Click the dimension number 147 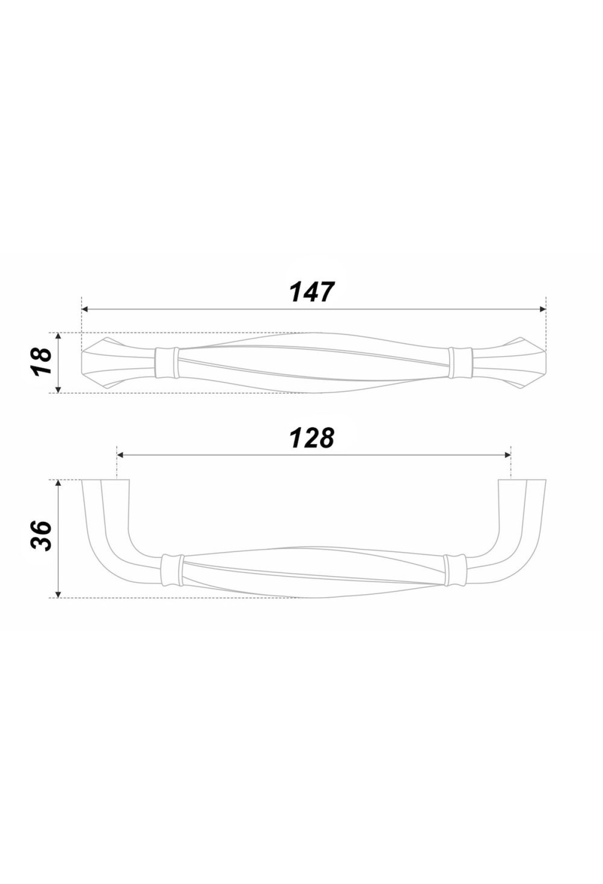[x=312, y=292]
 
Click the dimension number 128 [x=312, y=438]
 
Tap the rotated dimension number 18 [x=41, y=362]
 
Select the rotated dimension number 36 [x=41, y=536]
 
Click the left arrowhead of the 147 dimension [x=85, y=309]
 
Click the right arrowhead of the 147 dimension [x=542, y=309]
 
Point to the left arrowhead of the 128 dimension [x=120, y=455]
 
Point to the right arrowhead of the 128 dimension [x=507, y=455]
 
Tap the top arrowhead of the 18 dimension [x=59, y=336]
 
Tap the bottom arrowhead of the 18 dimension [x=59, y=389]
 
